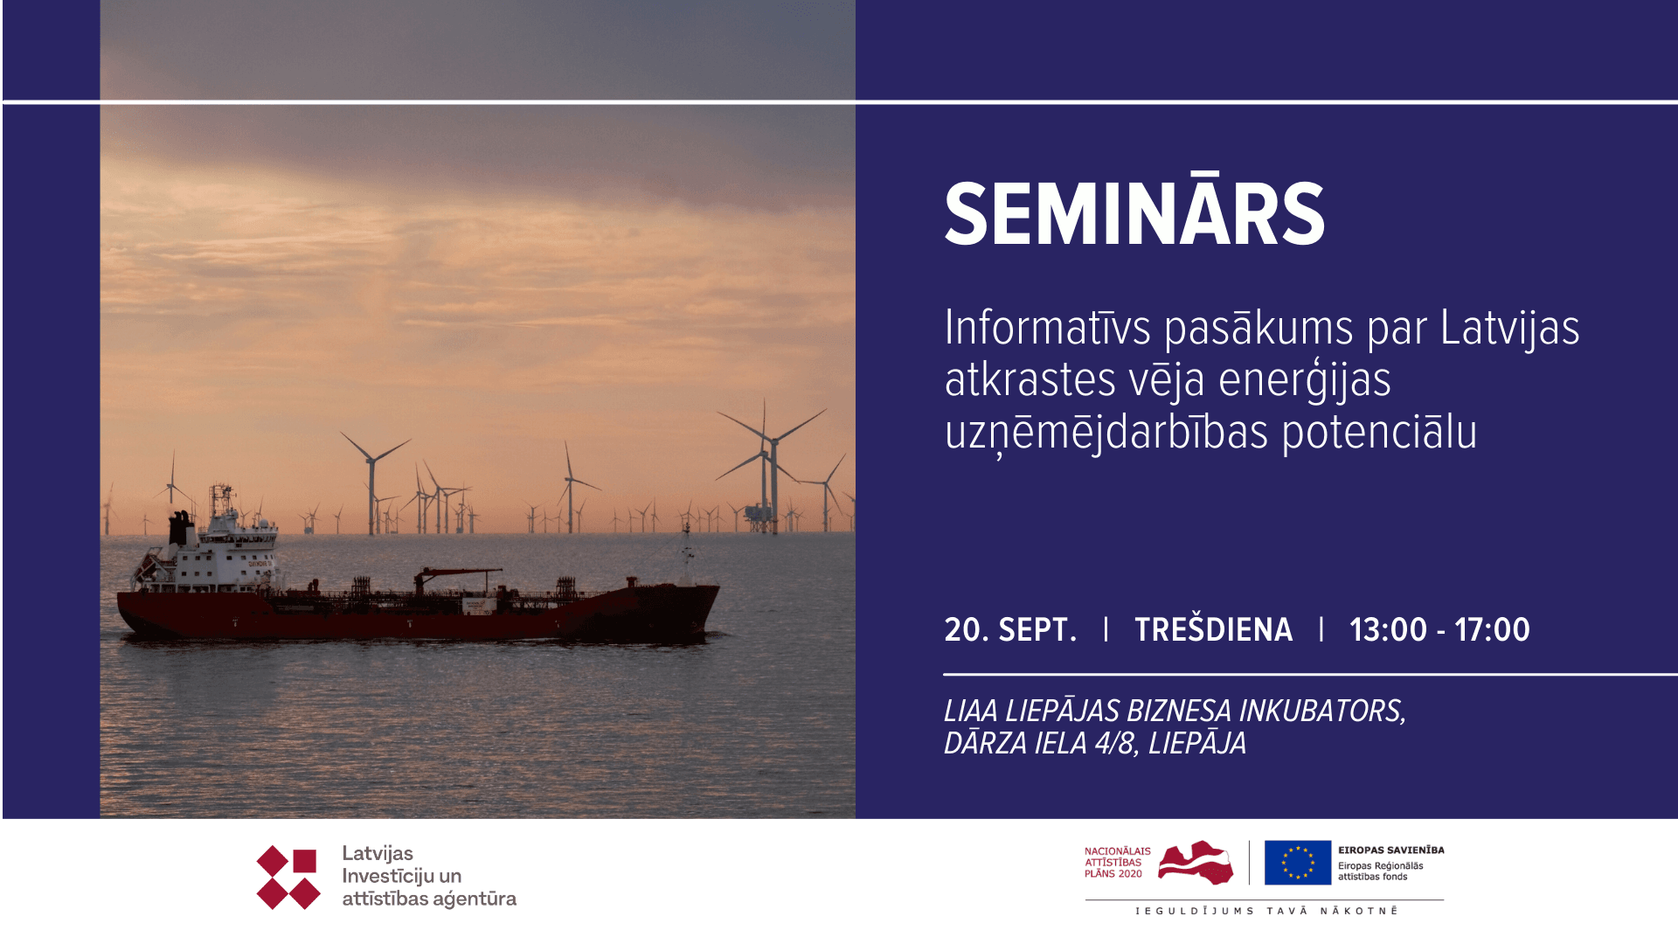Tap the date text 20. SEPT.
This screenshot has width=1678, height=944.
pyautogui.click(x=1010, y=629)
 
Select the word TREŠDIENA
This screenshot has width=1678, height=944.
pyautogui.click(x=1213, y=628)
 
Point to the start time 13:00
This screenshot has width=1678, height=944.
pyautogui.click(x=1388, y=629)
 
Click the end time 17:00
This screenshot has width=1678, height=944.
pyautogui.click(x=1492, y=629)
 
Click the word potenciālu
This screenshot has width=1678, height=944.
pyautogui.click(x=1379, y=432)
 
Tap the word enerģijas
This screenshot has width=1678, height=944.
pyautogui.click(x=1304, y=381)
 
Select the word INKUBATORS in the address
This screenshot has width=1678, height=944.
pyautogui.click(x=1322, y=711)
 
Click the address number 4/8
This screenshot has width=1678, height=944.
pyautogui.click(x=1116, y=743)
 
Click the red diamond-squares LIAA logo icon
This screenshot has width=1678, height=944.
pyautogui.click(x=288, y=877)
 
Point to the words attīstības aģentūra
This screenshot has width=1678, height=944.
pyautogui.click(x=429, y=899)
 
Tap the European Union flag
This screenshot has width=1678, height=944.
pyautogui.click(x=1297, y=862)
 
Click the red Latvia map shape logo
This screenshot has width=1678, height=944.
pyautogui.click(x=1196, y=862)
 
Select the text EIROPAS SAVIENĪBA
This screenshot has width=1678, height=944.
pyautogui.click(x=1390, y=850)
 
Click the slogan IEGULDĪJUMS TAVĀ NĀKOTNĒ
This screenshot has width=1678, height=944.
pyautogui.click(x=1266, y=911)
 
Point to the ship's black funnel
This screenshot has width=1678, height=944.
pyautogui.click(x=181, y=528)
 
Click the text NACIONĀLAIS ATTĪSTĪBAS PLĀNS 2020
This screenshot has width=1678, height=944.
pyautogui.click(x=1117, y=862)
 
